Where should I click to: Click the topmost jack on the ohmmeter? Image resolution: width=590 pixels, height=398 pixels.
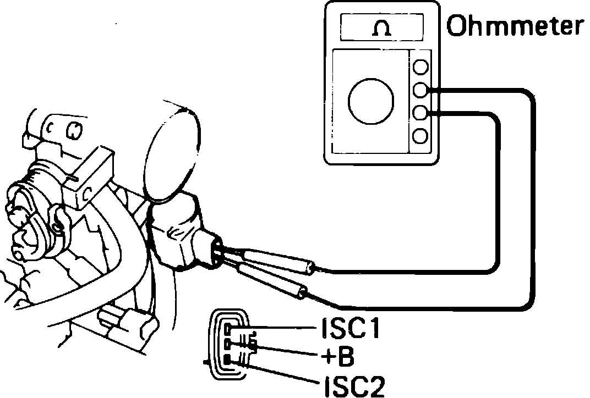pos(421,67)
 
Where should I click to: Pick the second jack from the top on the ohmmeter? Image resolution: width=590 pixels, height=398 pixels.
pos(421,90)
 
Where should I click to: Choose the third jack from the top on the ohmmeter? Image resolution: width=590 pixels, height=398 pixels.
pos(421,112)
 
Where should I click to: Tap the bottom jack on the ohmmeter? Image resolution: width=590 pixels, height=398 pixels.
pos(421,135)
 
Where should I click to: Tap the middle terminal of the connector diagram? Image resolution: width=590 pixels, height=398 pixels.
pos(228,345)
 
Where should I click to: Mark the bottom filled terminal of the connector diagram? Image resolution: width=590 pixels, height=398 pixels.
pos(228,361)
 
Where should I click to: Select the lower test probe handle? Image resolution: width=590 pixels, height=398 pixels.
pos(272,281)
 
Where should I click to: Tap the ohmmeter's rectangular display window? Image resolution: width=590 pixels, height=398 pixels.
pos(382,28)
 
